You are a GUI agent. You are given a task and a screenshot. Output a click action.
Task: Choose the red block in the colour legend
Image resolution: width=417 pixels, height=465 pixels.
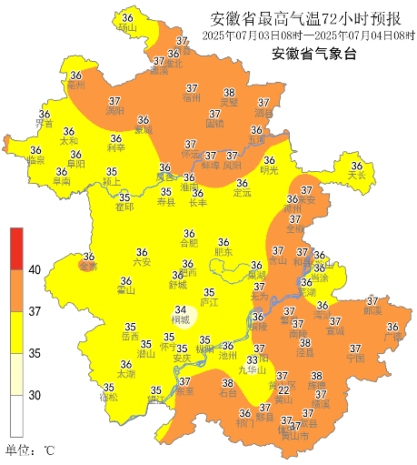[16, 248]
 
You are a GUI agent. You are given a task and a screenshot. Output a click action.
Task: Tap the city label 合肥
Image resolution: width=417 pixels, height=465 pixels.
[188, 244]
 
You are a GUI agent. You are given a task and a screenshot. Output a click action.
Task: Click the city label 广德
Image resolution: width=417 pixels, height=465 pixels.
[392, 337]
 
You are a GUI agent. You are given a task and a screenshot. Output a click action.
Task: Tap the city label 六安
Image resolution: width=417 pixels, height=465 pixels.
[142, 262]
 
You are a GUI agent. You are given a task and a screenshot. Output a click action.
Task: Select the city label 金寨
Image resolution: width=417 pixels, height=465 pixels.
[88, 267]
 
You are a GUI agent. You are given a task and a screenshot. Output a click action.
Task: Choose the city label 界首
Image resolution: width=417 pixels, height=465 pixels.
[44, 124]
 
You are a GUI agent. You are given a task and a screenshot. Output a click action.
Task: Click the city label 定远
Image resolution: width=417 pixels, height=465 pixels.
[241, 193]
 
